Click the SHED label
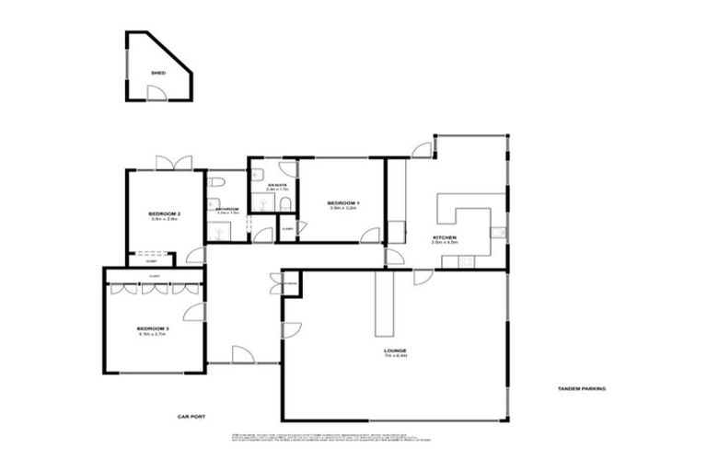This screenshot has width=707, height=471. pyautogui.click(x=157, y=71)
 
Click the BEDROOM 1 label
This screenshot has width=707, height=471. pyautogui.click(x=343, y=202)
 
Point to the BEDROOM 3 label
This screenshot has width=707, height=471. pyautogui.click(x=153, y=328)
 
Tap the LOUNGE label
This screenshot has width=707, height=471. pyautogui.click(x=397, y=350)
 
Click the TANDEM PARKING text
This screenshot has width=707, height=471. pyautogui.click(x=581, y=388)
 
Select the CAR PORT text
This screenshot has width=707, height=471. pyautogui.click(x=191, y=417)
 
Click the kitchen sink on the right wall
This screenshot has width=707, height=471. pyautogui.click(x=497, y=234)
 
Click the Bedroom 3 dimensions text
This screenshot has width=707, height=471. pyautogui.click(x=153, y=335)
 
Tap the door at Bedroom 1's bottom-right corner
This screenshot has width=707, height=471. pyautogui.click(x=371, y=235)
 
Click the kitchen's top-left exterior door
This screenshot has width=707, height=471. pyautogui.click(x=422, y=147)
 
